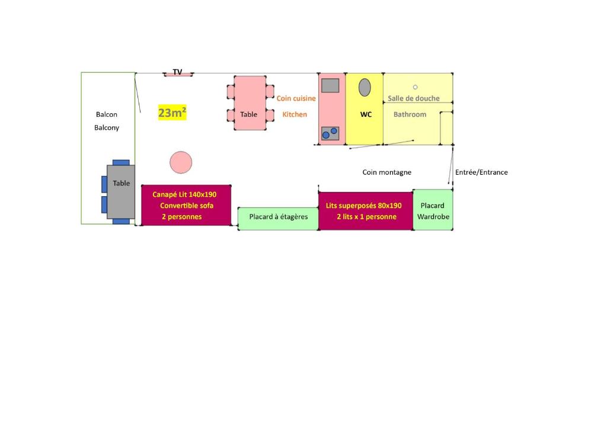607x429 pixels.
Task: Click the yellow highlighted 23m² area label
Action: tap(172, 113)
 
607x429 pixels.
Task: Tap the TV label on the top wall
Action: tap(177, 72)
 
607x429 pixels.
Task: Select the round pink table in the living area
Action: tap(181, 162)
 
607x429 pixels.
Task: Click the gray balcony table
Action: tap(121, 192)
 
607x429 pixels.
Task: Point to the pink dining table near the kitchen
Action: tap(250, 103)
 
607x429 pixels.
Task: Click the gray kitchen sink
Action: tap(330, 85)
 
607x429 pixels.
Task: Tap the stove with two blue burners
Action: tap(330, 133)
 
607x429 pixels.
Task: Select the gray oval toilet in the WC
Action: tap(365, 88)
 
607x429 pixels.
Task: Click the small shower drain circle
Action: tap(415, 87)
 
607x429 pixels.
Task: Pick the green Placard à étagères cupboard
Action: tap(279, 219)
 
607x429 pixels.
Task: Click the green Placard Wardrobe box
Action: tap(433, 210)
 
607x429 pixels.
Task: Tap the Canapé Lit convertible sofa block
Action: tap(186, 206)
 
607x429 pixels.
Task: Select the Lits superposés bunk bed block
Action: tap(366, 211)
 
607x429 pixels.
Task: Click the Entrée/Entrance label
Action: tap(481, 172)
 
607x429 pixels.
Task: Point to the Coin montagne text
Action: tap(386, 172)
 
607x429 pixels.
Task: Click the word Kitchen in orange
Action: tap(295, 114)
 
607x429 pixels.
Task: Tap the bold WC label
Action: tap(366, 114)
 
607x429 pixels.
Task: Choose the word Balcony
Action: tap(107, 127)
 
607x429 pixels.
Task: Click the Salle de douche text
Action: tap(413, 98)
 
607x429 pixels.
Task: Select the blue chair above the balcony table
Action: tap(121, 162)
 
